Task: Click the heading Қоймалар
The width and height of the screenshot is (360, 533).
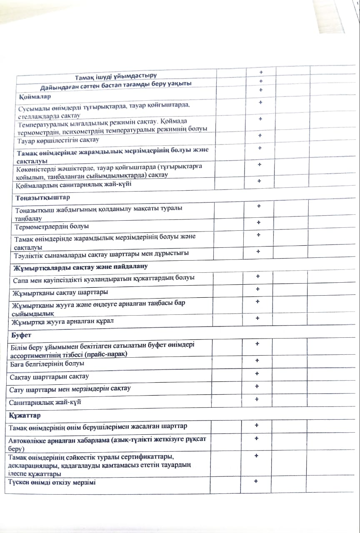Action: tap(35, 97)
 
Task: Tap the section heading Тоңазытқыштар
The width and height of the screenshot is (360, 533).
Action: tap(42, 197)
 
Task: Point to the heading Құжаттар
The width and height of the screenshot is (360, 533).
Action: tap(25, 416)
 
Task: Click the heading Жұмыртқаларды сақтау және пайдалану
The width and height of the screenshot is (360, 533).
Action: tap(80, 266)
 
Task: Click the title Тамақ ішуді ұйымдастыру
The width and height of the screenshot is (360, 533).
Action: tap(116, 76)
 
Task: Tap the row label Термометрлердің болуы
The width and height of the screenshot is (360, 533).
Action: tap(52, 227)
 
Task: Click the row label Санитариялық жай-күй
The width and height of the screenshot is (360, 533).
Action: tap(45, 403)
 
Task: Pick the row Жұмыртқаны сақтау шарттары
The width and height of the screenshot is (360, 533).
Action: tap(60, 291)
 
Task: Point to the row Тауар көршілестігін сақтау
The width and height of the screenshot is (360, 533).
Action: tap(58, 140)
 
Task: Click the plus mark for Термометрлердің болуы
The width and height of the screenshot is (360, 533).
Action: tap(259, 223)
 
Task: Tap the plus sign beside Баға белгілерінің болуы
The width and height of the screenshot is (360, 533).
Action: tap(257, 361)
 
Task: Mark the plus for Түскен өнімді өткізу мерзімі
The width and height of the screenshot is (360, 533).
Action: tap(256, 481)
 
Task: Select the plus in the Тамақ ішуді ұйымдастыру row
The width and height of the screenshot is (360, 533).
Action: tap(261, 73)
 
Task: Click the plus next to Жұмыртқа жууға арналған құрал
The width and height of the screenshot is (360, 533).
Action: tap(258, 318)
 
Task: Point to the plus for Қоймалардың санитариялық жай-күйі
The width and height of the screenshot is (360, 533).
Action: tap(259, 181)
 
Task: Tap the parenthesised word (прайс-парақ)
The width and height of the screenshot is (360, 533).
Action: tap(106, 354)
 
